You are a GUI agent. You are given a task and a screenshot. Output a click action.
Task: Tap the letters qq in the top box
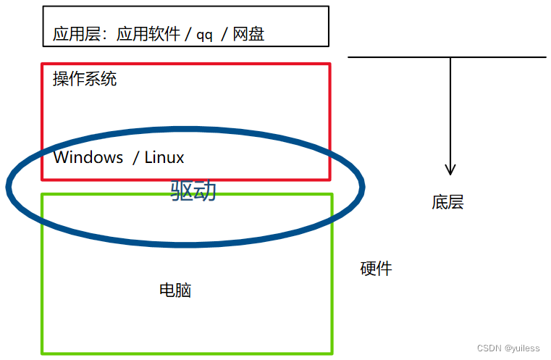204,35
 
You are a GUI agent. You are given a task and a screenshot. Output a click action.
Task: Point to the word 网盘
248,34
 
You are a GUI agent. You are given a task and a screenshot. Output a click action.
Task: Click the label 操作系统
85,79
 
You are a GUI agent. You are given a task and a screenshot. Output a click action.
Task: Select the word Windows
88,157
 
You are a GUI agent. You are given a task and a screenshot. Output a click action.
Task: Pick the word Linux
164,157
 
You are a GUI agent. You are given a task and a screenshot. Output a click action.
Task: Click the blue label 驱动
193,191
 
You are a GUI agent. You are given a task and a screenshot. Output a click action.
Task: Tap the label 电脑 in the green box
175,290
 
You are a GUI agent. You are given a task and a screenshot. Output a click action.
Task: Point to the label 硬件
376,269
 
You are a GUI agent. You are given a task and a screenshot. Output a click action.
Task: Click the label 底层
447,202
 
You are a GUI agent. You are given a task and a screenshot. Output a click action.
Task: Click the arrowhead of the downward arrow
450,169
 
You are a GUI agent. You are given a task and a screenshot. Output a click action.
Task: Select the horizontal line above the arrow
405,57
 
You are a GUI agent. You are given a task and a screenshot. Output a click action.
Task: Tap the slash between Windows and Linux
135,157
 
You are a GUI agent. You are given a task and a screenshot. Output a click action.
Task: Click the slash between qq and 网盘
224,35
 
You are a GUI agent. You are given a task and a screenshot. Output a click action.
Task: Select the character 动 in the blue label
205,191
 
